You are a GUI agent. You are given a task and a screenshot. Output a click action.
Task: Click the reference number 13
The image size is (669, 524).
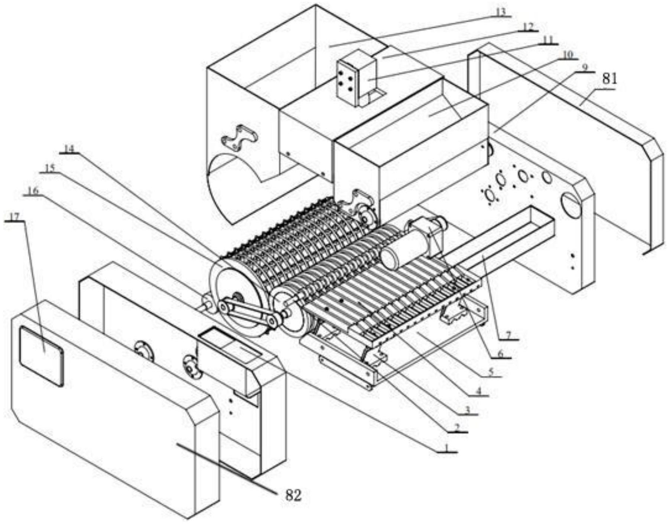[500, 12]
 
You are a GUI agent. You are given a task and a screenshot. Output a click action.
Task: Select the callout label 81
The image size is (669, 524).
[609, 79]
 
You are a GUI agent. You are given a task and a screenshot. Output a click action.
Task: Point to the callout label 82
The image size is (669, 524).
[293, 495]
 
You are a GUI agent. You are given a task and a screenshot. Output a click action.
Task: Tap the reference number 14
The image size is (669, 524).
[69, 149]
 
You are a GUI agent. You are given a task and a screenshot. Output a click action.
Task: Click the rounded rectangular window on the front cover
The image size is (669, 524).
[42, 356]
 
